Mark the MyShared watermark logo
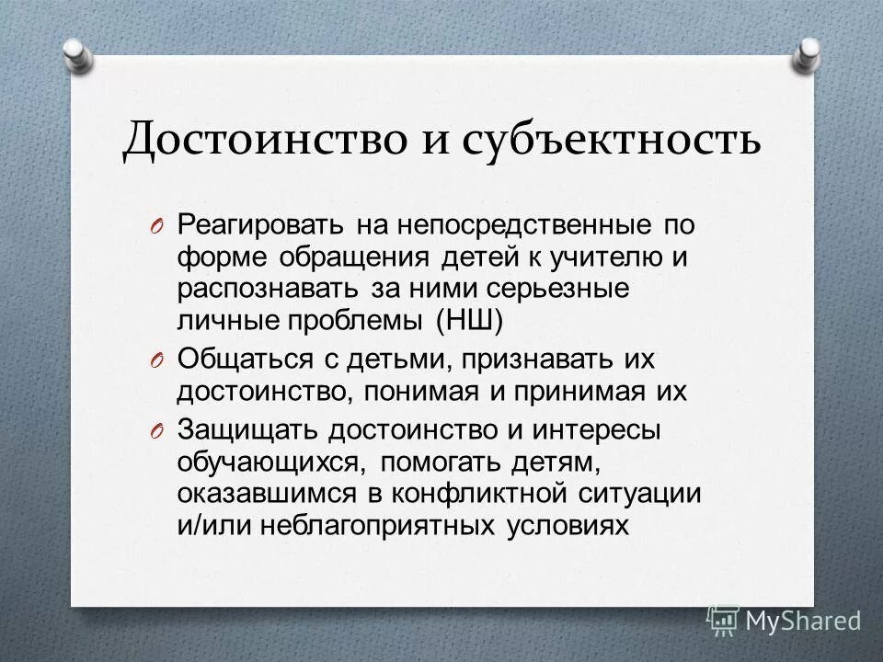coord(784,621)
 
